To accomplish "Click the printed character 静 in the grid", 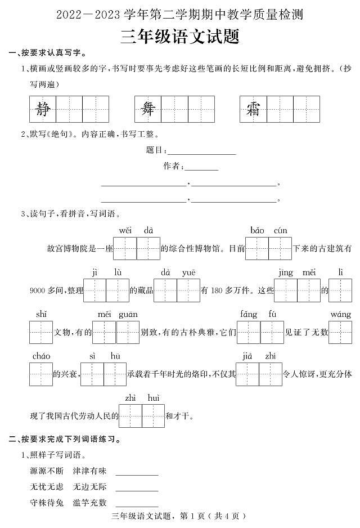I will [42, 109].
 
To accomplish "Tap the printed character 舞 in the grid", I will [148, 109].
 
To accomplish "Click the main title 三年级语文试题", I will [179, 37].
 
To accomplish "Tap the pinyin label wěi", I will [125, 230].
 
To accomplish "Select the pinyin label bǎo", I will [257, 230].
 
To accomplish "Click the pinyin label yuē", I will [188, 272].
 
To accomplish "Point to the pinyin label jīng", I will [286, 272].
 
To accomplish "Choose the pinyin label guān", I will [128, 314].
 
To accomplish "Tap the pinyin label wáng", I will [340, 314].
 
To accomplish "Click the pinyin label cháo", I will [41, 356].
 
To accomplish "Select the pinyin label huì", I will [154, 398].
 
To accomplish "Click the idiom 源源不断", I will [47, 471].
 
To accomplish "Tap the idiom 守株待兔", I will [47, 503].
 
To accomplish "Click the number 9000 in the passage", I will [37, 290].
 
